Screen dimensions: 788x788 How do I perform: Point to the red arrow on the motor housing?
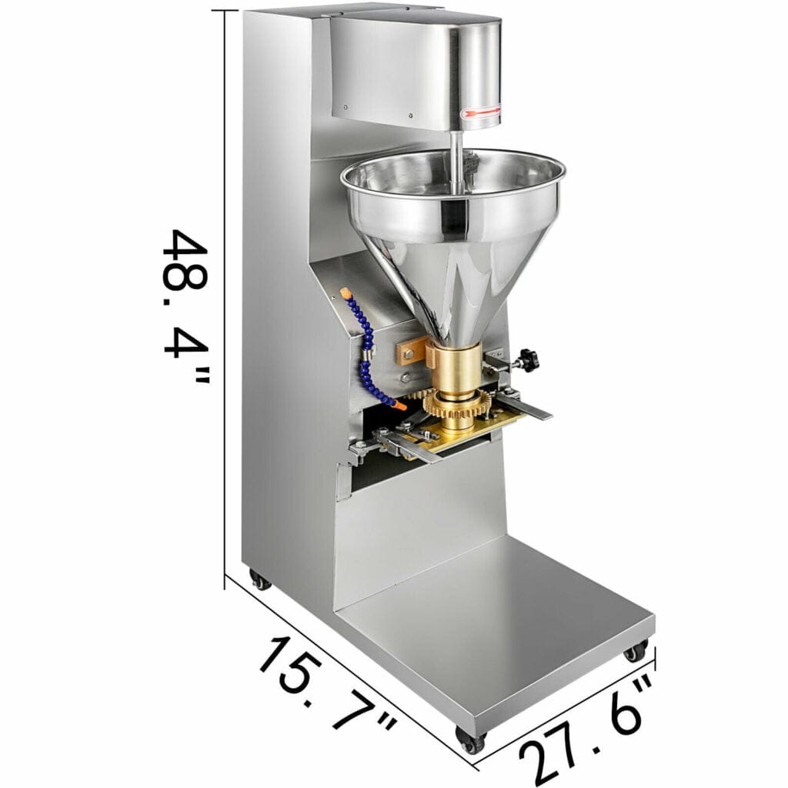click(x=480, y=115)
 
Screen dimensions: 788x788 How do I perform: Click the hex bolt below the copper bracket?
click(x=405, y=378)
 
